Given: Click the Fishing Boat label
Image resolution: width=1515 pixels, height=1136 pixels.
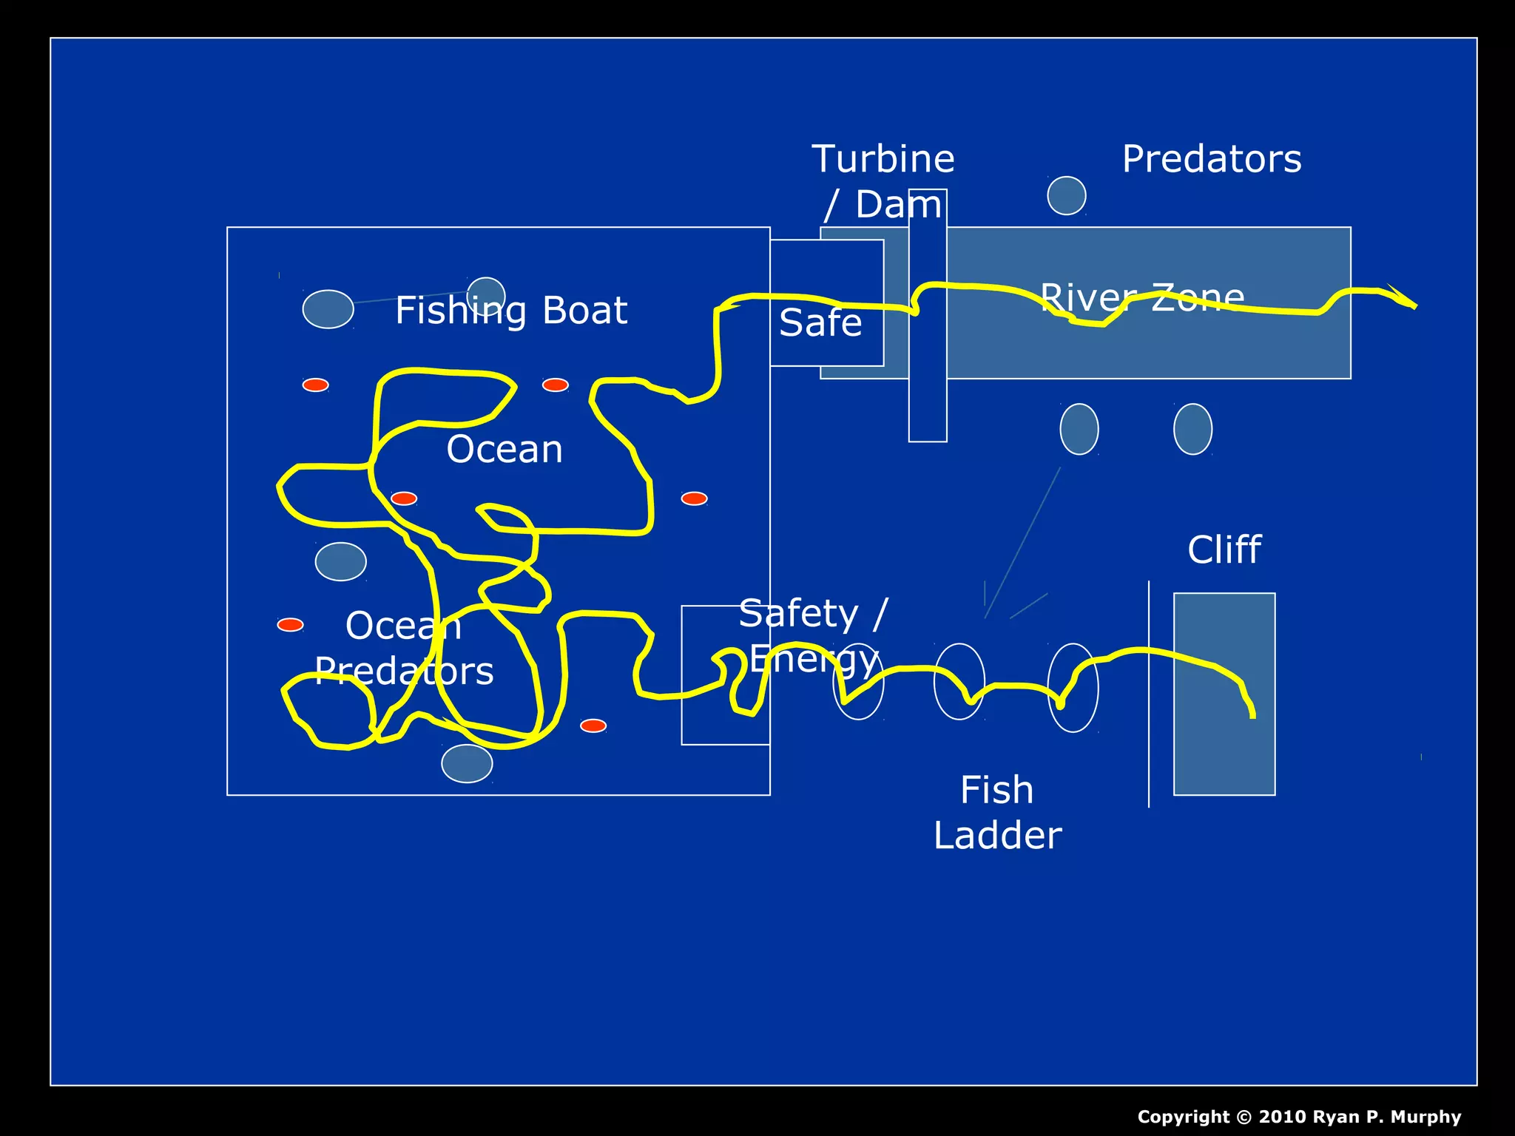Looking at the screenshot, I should [511, 311].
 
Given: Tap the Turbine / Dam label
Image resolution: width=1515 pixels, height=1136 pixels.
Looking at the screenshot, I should [883, 181].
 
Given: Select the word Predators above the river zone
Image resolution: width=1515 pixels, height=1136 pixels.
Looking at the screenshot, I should [1212, 159].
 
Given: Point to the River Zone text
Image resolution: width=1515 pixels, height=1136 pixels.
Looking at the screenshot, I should [1142, 297].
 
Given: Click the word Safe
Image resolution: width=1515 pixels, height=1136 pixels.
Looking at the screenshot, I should [820, 323].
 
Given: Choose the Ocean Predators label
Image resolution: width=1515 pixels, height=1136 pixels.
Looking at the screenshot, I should [404, 649].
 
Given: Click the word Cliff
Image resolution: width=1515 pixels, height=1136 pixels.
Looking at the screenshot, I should [1224, 550].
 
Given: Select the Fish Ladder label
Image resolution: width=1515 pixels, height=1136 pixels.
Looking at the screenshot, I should [997, 812].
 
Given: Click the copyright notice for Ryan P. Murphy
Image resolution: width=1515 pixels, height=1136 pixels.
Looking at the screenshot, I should [1299, 1117].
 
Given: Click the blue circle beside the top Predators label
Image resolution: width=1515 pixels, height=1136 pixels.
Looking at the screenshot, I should [1067, 196].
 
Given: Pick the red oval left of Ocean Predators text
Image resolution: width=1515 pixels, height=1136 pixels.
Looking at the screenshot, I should [290, 625].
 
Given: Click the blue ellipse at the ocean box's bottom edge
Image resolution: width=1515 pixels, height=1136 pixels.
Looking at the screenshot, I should [467, 763].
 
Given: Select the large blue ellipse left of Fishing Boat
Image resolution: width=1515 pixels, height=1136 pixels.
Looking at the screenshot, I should [328, 309].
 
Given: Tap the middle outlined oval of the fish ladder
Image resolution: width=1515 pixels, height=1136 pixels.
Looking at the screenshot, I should [959, 681].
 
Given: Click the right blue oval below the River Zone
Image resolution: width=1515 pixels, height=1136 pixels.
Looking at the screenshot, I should [1192, 429].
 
